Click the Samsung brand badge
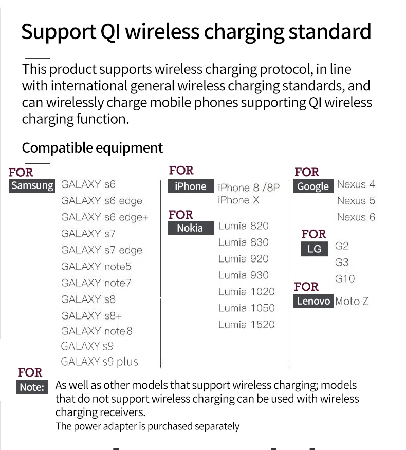32,185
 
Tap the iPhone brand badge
191,186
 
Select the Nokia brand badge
191,228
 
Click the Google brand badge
313,186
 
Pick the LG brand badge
315,249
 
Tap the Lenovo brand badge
313,301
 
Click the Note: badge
32,387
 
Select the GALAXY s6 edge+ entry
104,217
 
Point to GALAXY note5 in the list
96,267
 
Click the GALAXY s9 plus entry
99,362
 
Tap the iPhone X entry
238,200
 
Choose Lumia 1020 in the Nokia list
246,292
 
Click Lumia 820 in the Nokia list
243,226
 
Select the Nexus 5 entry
356,201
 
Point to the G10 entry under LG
345,278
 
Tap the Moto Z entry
352,301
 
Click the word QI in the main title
110,32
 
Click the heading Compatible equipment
92,148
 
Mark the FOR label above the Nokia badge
180,215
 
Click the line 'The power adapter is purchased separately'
147,426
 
